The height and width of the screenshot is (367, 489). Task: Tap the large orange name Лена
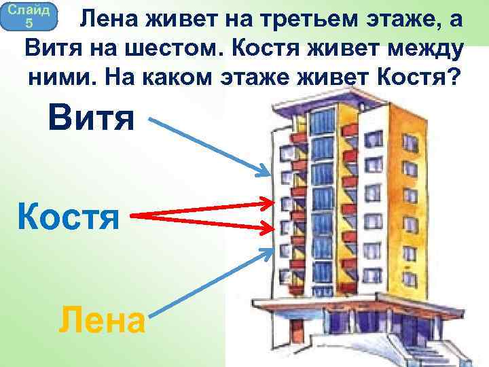pos(102,319)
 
